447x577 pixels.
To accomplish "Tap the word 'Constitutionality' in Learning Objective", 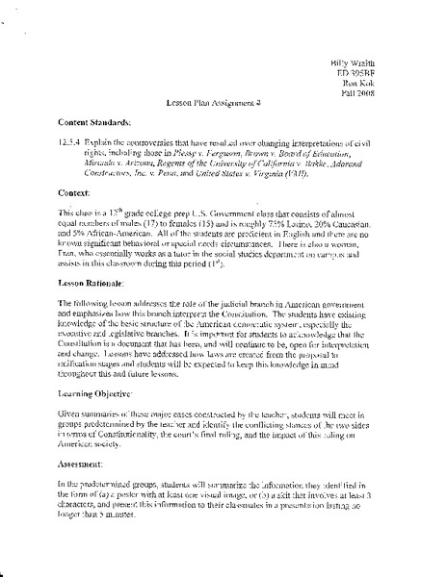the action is point(111,459).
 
